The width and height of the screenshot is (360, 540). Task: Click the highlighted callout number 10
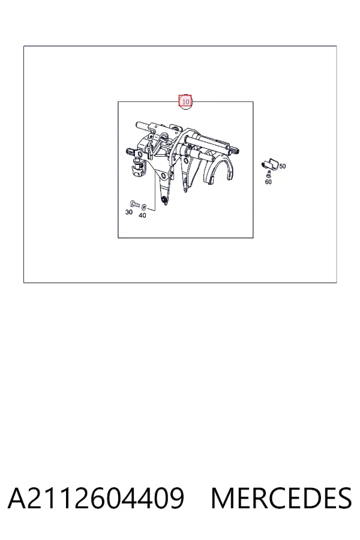pyautogui.click(x=185, y=101)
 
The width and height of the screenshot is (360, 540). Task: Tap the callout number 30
pyautogui.click(x=129, y=212)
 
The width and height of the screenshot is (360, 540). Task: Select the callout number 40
pyautogui.click(x=142, y=215)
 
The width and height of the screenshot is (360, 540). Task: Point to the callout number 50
pyautogui.click(x=283, y=166)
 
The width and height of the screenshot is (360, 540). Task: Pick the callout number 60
pyautogui.click(x=268, y=182)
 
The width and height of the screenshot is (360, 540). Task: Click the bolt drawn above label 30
pyautogui.click(x=134, y=204)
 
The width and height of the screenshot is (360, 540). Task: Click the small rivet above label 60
pyautogui.click(x=269, y=174)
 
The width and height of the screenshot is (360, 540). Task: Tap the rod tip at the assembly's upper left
pyautogui.click(x=138, y=125)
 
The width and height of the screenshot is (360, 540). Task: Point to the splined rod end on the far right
pyautogui.click(x=236, y=150)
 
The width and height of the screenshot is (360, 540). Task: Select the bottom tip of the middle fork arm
pyautogui.click(x=185, y=190)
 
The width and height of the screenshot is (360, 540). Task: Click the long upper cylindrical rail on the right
pyautogui.click(x=206, y=143)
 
